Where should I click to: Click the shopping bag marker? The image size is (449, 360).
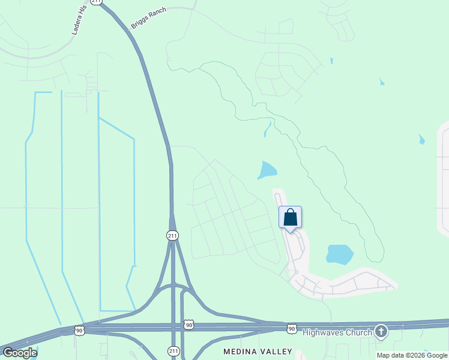click(x=290, y=218)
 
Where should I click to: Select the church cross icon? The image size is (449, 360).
click(x=381, y=331)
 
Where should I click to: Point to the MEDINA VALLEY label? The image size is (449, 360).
click(x=258, y=351)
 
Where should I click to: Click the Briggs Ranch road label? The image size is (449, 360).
click(x=148, y=18)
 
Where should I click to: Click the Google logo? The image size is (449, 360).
click(x=20, y=352)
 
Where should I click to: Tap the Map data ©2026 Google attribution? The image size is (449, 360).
click(x=412, y=355)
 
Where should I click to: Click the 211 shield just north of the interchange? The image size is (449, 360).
click(x=172, y=236)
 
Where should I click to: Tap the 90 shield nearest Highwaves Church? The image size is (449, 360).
click(x=292, y=328)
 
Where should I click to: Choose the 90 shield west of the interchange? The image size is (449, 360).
click(x=79, y=330)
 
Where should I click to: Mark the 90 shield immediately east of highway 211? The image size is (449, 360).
click(x=189, y=325)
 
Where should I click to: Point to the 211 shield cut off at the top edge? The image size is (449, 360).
click(x=97, y=2)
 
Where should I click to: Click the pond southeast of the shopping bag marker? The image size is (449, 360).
click(x=339, y=254)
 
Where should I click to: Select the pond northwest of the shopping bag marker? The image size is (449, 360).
click(x=267, y=170)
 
